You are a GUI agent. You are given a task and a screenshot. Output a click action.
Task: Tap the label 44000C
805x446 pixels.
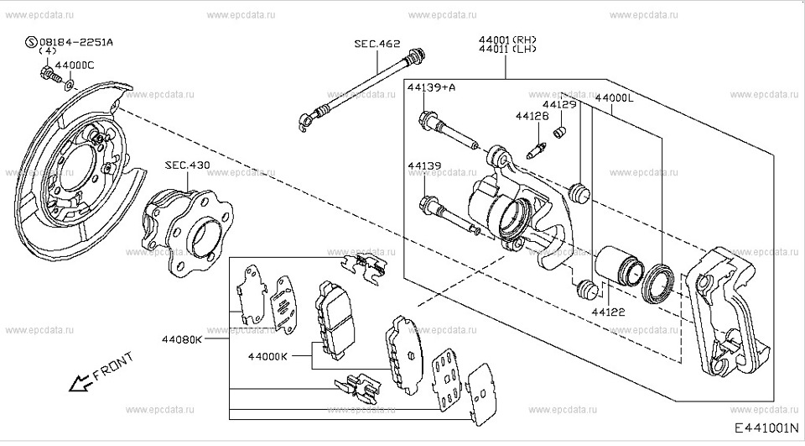75,65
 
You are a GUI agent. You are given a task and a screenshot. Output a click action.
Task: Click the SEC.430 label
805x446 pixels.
187,165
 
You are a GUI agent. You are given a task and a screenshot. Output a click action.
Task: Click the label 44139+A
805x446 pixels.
432,87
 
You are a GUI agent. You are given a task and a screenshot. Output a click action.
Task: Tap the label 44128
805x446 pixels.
532,117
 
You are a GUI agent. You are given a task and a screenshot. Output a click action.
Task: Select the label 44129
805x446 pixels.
559,105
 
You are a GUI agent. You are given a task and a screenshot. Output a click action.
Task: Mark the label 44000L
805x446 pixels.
615,97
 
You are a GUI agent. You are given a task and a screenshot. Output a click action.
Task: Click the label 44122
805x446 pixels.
609,312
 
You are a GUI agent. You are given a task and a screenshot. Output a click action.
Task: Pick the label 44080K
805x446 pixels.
182,340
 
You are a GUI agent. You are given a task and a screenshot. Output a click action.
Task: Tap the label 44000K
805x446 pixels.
267,356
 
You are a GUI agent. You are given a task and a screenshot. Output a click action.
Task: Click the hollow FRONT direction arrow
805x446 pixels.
80,384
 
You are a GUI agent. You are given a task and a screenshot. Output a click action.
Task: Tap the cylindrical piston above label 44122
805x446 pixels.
616,266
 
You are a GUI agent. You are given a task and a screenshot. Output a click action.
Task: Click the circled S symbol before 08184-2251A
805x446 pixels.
32,41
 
